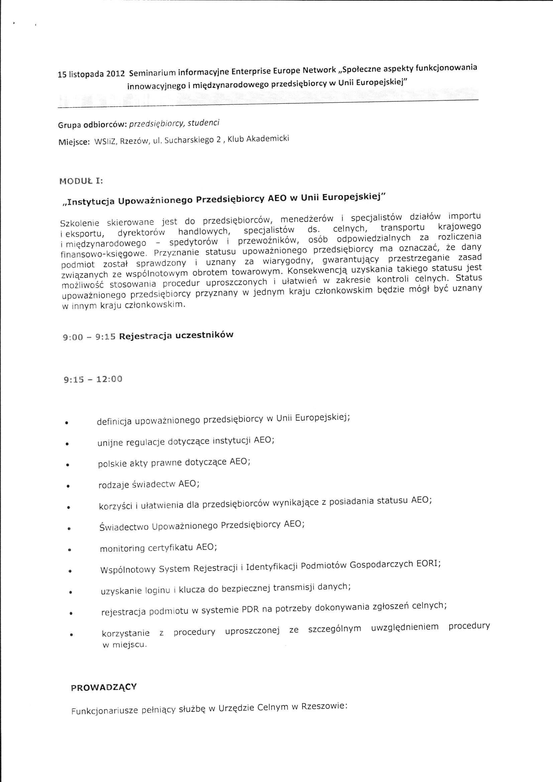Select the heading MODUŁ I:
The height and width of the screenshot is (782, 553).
coord(81,181)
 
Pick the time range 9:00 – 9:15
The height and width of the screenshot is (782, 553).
coord(89,337)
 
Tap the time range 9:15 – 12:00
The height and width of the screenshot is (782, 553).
coord(93,379)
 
